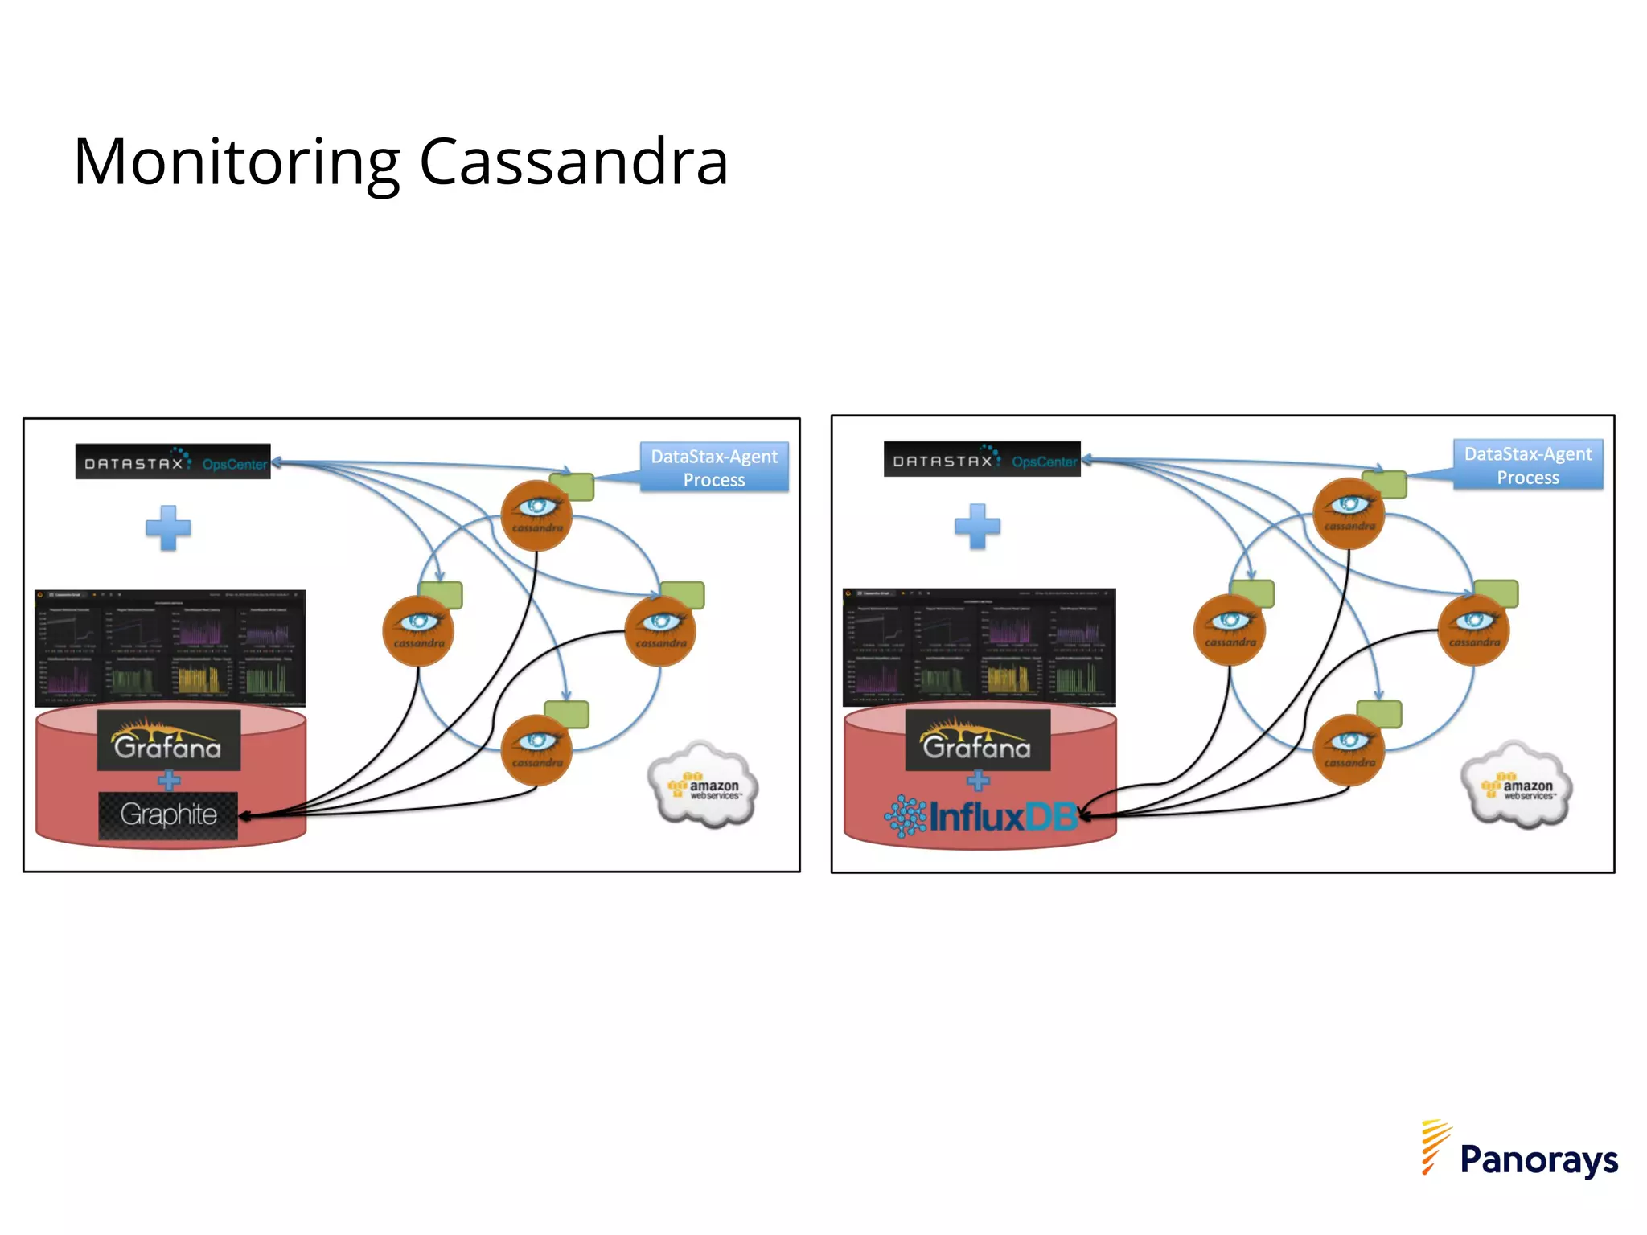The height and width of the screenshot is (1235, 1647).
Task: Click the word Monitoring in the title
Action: (x=236, y=163)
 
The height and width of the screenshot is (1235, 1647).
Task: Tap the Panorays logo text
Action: (x=1538, y=1159)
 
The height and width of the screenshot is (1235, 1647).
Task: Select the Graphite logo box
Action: (x=168, y=815)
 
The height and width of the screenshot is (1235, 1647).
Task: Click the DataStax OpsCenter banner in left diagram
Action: (x=173, y=462)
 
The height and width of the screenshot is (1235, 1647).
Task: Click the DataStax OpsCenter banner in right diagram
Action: (x=982, y=460)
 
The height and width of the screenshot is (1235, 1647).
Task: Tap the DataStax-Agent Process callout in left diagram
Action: (x=714, y=468)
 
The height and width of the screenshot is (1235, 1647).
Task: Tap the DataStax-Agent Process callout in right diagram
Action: (x=1527, y=466)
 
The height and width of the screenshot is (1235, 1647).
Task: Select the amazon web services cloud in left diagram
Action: (x=703, y=786)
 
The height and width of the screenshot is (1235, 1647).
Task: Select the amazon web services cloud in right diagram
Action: (x=1516, y=786)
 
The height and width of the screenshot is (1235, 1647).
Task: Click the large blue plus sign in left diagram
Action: (x=168, y=527)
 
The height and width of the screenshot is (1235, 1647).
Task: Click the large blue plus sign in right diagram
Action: (x=977, y=526)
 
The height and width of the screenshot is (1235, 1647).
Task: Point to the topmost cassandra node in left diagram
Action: (x=536, y=515)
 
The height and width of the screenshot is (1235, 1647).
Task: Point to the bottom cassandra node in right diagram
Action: (x=1349, y=749)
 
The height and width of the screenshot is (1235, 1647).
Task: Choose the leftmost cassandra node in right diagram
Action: (x=1230, y=630)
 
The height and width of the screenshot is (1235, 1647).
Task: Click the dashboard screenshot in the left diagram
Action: (x=170, y=648)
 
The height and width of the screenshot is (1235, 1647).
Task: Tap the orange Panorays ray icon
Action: (x=1434, y=1146)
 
